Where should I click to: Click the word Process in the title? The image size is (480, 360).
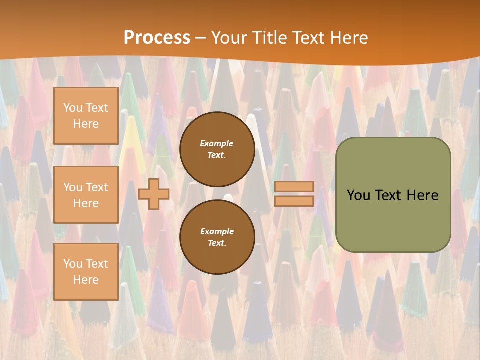pos(157,38)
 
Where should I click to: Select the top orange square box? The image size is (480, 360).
pos(86,116)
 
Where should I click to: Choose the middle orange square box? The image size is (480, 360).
pos(86,195)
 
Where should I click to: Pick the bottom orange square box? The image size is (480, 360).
pos(86,271)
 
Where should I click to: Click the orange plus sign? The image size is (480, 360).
pos(154,194)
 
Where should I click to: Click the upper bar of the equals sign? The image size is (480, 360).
pos(294,186)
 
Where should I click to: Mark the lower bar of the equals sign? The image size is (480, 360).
pos(294,201)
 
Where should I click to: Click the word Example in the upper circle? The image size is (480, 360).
pos(217,143)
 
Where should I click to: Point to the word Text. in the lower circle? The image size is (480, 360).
pos(217,243)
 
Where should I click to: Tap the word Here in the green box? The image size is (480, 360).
pos(422,195)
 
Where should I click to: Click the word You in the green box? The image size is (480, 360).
pos(358,195)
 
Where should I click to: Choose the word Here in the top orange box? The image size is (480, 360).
pos(86,124)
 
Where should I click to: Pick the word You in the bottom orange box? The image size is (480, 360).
pos(73,264)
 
